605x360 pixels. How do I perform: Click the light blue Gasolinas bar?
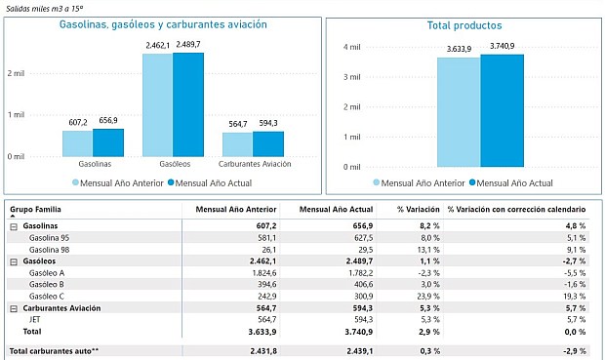coord(78,142)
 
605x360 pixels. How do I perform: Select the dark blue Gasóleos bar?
coord(188,104)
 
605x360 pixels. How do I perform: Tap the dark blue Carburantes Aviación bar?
coord(267,143)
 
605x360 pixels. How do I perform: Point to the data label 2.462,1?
coord(158,45)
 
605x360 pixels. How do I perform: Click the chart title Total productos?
coord(464,25)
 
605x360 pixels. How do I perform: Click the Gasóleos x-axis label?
coord(173,164)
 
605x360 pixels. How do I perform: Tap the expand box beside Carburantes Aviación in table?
coord(14,308)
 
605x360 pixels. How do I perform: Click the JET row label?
coord(36,319)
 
